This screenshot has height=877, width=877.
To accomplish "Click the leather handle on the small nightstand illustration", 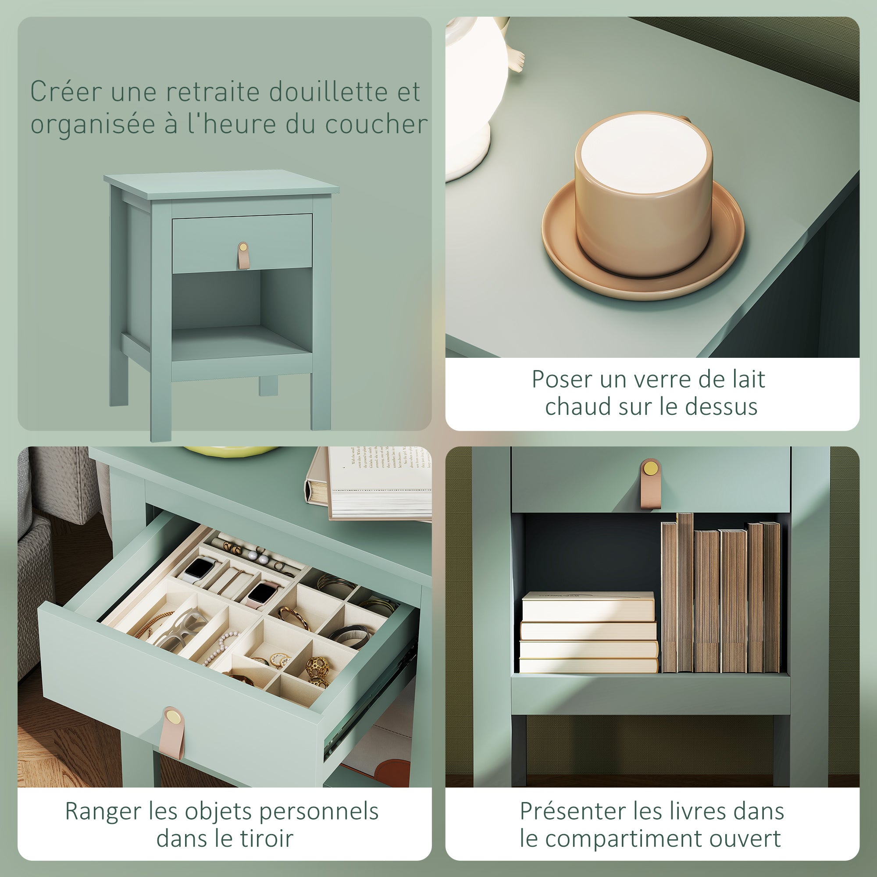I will tap(243, 255).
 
